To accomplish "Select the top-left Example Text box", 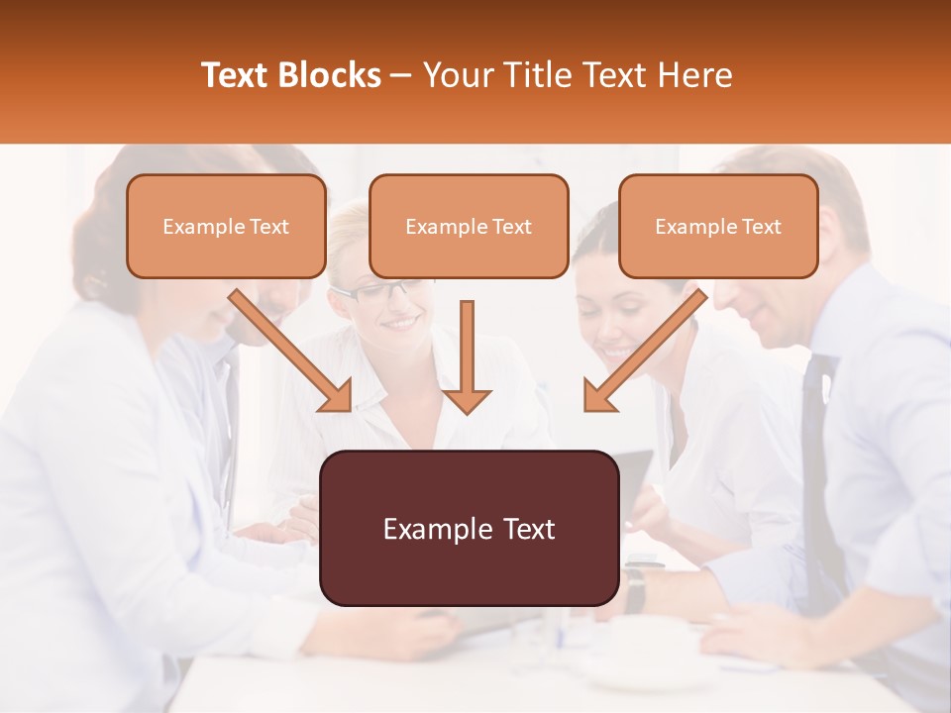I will coord(226,227).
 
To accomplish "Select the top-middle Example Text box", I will coord(469,227).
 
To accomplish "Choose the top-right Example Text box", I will coord(718,227).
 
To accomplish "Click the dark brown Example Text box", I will coord(469,529).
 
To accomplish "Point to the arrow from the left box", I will coord(292,351).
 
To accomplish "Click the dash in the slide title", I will coord(401,75).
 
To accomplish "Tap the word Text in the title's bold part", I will coord(238,75).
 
